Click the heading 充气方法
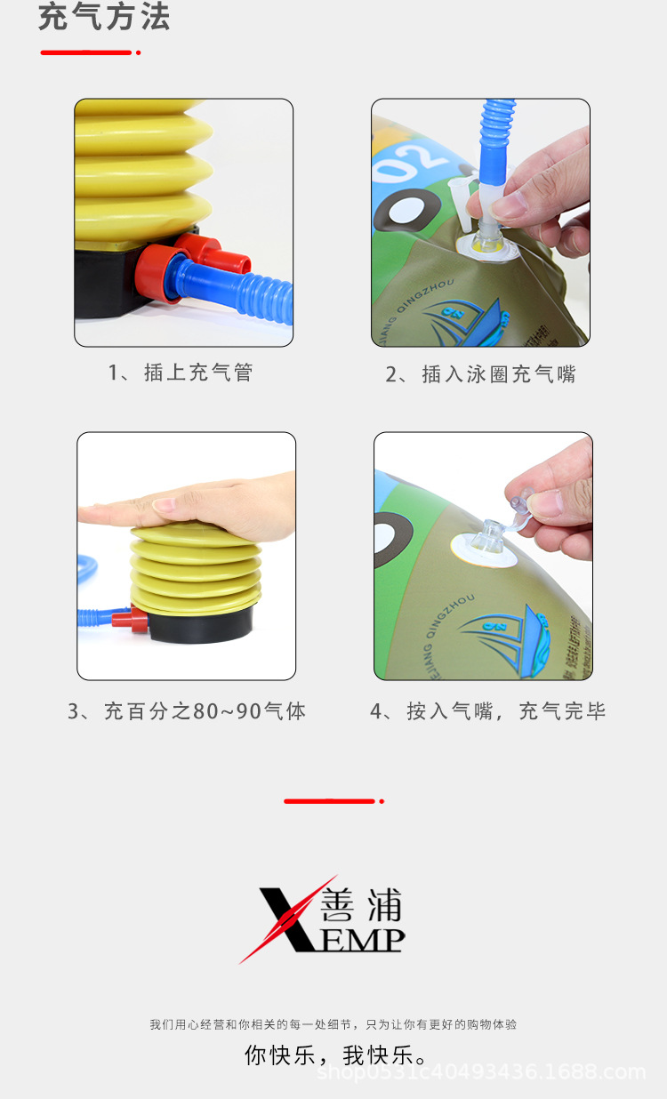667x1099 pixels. point(104,18)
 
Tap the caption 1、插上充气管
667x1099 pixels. point(181,373)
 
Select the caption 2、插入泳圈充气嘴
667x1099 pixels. point(480,374)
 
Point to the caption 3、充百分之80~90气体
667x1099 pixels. point(187,711)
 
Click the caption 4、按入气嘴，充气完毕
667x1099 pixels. point(487,711)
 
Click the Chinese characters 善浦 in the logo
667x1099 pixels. point(360,906)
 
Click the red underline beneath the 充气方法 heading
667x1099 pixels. point(87,52)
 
